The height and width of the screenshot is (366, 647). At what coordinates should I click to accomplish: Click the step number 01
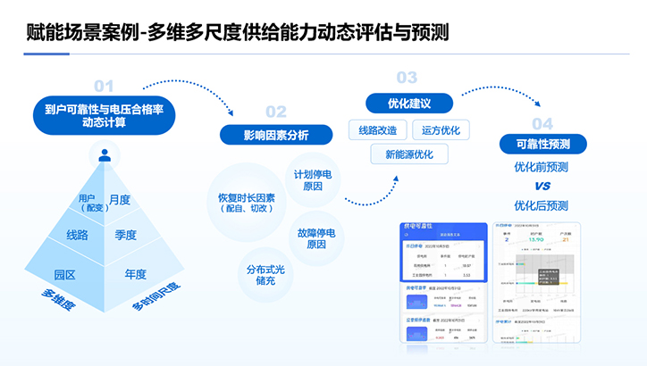click(x=105, y=86)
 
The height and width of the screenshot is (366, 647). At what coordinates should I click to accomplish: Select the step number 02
click(x=276, y=112)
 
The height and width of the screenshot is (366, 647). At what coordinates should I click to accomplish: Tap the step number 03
click(x=407, y=78)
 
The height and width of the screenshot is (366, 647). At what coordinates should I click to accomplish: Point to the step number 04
click(x=542, y=123)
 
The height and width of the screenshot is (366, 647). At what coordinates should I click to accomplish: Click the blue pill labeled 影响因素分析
click(x=276, y=135)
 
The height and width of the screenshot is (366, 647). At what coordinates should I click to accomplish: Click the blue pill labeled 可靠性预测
click(x=543, y=145)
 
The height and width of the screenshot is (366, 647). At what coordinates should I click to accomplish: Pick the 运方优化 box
click(x=441, y=131)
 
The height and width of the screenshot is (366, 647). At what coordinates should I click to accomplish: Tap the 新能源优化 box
click(x=409, y=154)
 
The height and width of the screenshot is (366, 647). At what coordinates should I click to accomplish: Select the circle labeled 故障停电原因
click(x=316, y=238)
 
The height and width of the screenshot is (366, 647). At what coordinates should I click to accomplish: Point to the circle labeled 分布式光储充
click(x=265, y=274)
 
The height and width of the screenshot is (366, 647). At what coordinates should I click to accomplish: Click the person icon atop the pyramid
click(x=105, y=155)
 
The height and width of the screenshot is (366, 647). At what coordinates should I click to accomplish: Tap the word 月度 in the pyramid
click(x=119, y=199)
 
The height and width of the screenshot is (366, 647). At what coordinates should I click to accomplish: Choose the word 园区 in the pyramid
click(x=64, y=275)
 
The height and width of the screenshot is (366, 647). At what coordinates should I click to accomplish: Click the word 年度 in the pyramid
click(x=136, y=275)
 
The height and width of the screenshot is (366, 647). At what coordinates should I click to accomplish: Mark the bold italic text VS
click(x=542, y=187)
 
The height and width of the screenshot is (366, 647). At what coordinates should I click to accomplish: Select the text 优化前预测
click(x=542, y=167)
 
